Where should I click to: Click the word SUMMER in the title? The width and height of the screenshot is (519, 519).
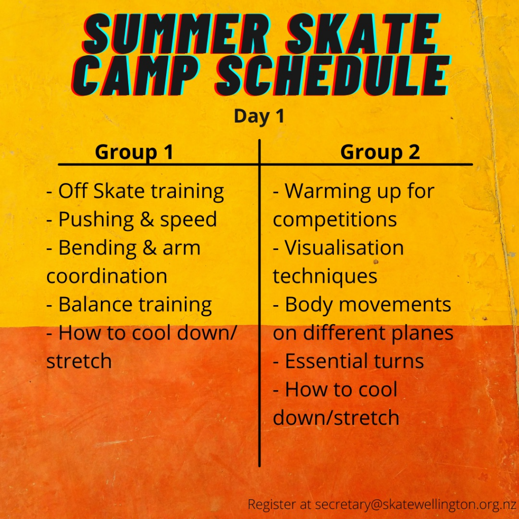click(x=176, y=34)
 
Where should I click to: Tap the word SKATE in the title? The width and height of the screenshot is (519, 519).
click(x=363, y=34)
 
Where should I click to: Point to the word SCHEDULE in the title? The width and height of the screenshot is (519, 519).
click(x=333, y=76)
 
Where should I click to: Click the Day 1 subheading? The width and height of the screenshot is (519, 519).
click(x=259, y=116)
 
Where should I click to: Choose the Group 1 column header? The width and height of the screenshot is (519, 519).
click(x=134, y=152)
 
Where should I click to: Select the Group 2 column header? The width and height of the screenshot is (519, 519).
click(x=380, y=152)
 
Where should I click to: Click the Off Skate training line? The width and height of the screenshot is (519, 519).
click(x=135, y=192)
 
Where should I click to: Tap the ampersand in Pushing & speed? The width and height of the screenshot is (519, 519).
click(x=146, y=219)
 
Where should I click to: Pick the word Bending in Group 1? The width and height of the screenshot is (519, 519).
click(x=97, y=248)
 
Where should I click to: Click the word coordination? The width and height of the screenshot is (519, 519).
click(x=106, y=276)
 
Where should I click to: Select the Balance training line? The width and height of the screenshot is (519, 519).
click(x=129, y=305)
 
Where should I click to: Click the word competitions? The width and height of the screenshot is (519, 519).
click(x=335, y=220)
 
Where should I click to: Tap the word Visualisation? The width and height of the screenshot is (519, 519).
click(x=344, y=247)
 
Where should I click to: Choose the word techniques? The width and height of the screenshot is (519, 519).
click(x=325, y=277)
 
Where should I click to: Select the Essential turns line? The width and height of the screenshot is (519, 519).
click(x=348, y=361)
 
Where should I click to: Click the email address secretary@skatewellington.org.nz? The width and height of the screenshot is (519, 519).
click(x=416, y=504)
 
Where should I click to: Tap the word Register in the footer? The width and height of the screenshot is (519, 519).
click(x=272, y=505)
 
